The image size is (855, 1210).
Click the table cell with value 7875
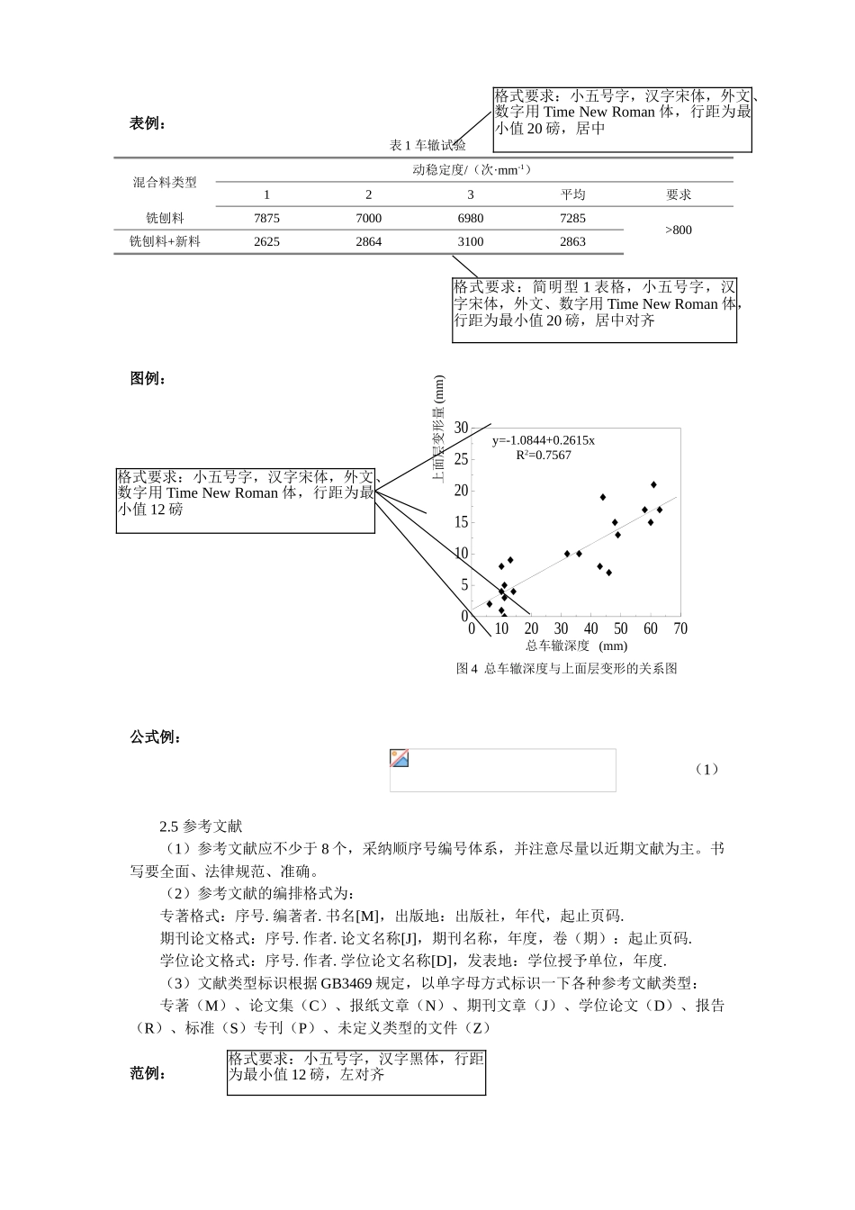266,219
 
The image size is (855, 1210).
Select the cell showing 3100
470,241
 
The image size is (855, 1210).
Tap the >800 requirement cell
679,230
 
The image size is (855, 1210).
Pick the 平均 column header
572,194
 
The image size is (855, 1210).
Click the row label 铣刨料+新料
165,241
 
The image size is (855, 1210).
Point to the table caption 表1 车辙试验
427,146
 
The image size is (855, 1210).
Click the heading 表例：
148,124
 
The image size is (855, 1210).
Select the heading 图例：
148,379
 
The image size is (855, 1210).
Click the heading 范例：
148,1073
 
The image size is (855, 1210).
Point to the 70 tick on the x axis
680,629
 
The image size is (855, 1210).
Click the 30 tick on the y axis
461,428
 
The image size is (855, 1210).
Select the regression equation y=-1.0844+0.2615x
543,440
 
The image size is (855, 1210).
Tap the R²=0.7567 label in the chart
543,456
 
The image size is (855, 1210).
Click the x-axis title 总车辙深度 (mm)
577,646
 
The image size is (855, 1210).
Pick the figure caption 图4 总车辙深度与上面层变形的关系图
566,669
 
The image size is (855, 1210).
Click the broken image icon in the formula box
400,759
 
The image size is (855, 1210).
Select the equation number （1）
706,770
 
